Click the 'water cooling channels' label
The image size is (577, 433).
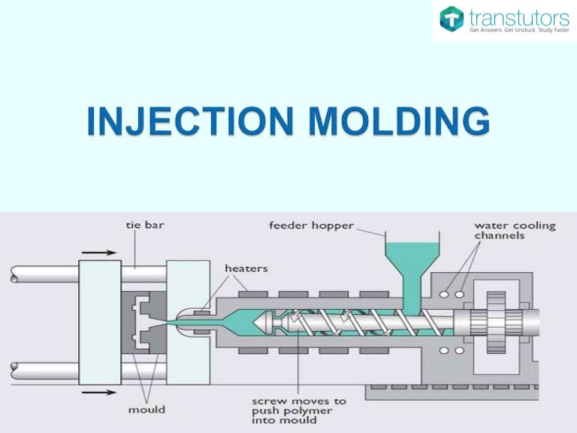[x=514, y=230]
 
